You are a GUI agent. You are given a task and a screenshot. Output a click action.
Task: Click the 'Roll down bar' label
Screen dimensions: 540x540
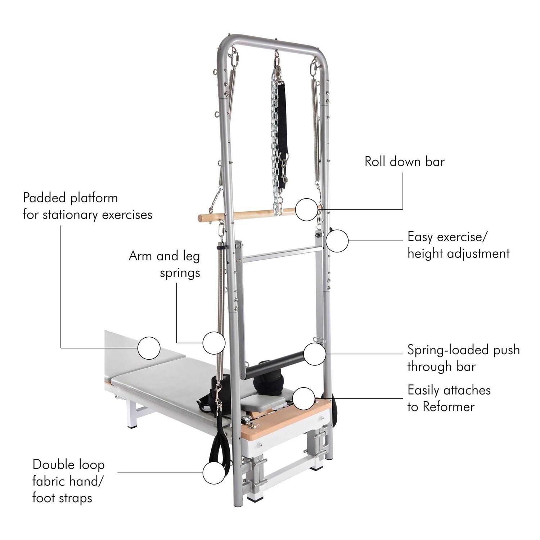click(x=405, y=162)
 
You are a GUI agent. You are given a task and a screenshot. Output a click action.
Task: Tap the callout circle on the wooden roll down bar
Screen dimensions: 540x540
click(x=307, y=210)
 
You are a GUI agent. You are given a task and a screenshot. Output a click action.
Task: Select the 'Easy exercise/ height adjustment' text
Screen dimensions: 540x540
click(x=458, y=246)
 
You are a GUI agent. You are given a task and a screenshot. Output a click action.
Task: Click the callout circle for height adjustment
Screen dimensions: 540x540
click(x=337, y=241)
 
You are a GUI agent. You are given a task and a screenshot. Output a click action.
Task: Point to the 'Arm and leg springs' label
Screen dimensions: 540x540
click(x=165, y=264)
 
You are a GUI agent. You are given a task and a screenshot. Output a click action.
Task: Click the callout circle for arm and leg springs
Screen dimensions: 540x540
click(x=214, y=343)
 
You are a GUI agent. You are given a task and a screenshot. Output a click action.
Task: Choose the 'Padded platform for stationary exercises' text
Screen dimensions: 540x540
click(x=87, y=206)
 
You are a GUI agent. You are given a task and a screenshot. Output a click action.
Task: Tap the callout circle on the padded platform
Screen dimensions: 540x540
click(x=149, y=348)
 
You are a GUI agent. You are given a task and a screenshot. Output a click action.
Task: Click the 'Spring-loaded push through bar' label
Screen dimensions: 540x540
click(x=464, y=358)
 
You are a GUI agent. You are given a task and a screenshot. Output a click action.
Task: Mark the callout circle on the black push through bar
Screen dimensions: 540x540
click(x=315, y=354)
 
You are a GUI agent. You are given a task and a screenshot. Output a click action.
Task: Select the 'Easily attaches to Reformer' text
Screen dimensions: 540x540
click(x=449, y=399)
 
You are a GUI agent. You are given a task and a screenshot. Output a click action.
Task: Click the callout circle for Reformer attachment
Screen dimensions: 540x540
click(x=303, y=399)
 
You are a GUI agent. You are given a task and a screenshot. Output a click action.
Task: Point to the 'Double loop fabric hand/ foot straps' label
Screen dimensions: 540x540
click(x=68, y=481)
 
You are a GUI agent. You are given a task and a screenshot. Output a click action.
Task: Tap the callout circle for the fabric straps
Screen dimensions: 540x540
click(x=214, y=473)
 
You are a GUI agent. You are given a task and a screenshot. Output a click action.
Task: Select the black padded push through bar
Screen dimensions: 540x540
click(x=275, y=366)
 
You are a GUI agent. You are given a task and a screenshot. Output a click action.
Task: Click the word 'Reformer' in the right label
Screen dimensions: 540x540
click(x=449, y=407)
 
